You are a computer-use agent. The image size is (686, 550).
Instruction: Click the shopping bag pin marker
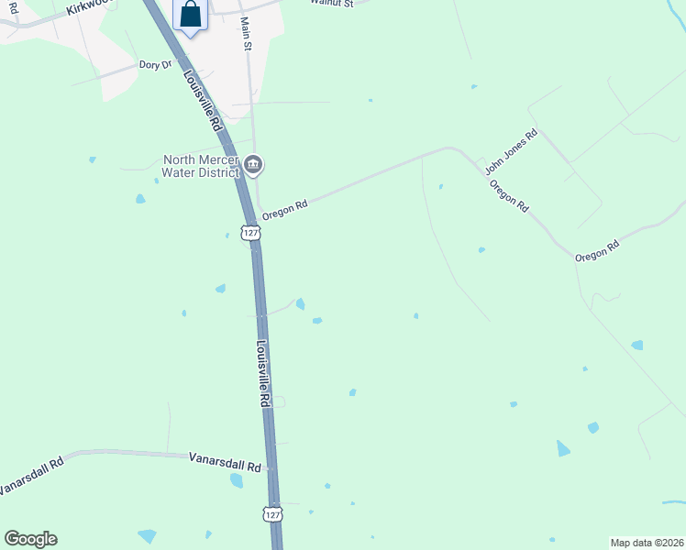[x=190, y=16]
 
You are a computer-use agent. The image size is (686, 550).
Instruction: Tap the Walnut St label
[x=331, y=3]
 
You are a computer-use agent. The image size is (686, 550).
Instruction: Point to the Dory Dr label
[x=155, y=64]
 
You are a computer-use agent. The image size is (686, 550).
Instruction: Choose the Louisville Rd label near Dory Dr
[x=204, y=100]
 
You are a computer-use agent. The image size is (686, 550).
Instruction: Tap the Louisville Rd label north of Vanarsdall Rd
[x=263, y=373]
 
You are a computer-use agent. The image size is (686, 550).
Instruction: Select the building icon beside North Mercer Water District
[x=254, y=165]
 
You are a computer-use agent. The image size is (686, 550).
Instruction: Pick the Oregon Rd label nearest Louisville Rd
[x=283, y=210]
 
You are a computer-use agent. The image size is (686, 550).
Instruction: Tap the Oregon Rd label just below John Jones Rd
[x=509, y=196]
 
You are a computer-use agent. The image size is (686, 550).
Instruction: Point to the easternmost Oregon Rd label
[x=597, y=250]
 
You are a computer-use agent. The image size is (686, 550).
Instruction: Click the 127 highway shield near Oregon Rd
[x=250, y=234]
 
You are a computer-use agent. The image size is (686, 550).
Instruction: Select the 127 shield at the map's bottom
[x=272, y=514]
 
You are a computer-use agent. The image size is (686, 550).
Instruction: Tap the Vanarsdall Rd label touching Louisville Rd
[x=225, y=461]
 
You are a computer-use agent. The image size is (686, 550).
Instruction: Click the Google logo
[x=30, y=539]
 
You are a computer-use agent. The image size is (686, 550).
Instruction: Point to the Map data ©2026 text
[x=647, y=543]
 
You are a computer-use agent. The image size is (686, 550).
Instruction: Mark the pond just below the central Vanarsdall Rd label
[x=237, y=480]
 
